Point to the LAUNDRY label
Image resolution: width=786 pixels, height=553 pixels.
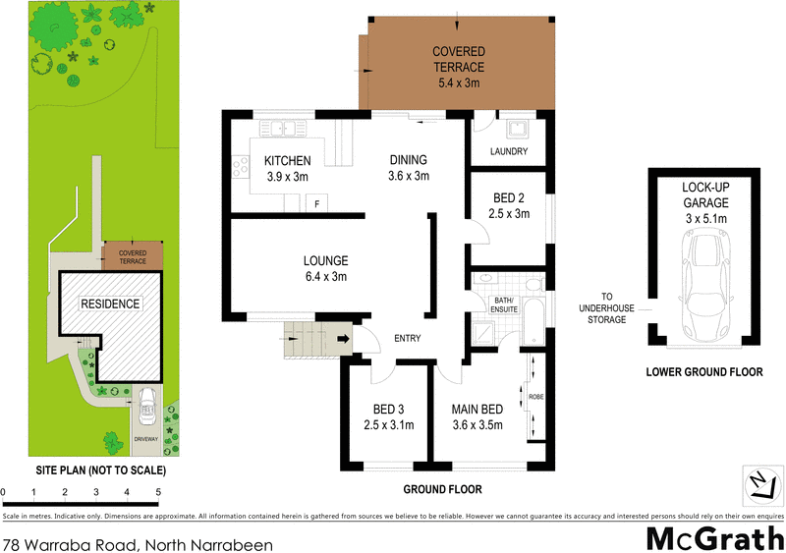point(509,152)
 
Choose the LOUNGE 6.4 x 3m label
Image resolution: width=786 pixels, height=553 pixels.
point(325,268)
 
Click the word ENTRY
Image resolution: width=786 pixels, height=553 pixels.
point(407,339)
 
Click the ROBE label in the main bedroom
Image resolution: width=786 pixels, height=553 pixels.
point(535,398)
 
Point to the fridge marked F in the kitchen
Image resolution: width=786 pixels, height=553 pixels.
point(316,203)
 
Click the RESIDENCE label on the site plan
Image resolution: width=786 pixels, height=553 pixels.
point(109,304)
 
